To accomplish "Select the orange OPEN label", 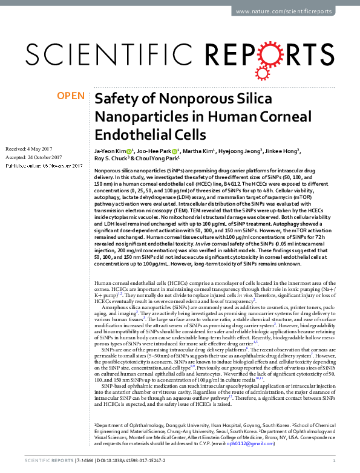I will pyautogui.click(x=71, y=96).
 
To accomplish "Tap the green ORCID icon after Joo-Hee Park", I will pyautogui.click(x=175, y=151).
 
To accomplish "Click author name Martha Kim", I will pyautogui.click(x=201, y=151).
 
